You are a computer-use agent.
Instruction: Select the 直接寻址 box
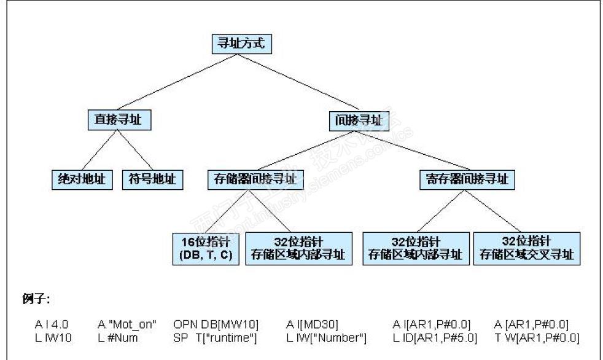coord(119,119)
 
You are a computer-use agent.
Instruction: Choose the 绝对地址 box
coord(82,179)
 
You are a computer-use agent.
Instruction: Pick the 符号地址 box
coord(152,179)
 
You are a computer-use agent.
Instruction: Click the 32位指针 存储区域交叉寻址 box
coord(526,248)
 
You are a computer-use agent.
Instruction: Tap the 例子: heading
coord(36,299)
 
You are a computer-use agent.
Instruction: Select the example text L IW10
coord(51,338)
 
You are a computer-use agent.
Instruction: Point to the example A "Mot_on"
coord(127,325)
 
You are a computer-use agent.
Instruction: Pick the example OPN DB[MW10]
coord(216,325)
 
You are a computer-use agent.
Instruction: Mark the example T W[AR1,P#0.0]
coord(537,338)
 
